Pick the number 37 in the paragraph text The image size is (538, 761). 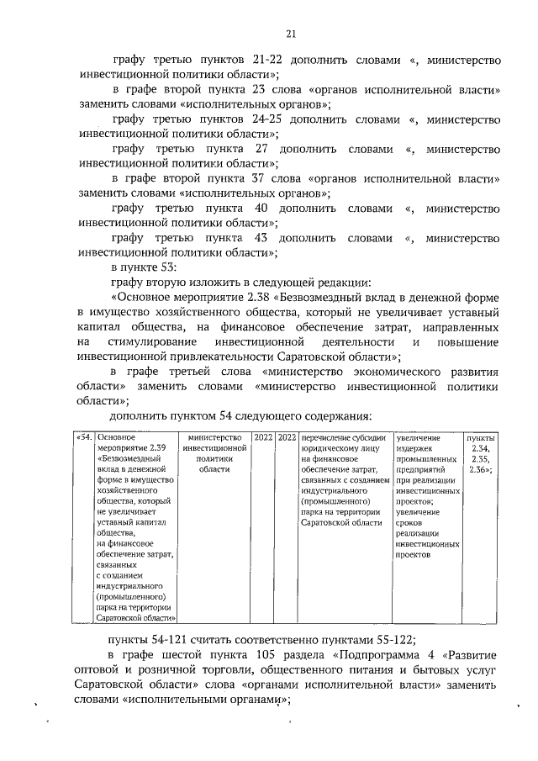tap(258, 179)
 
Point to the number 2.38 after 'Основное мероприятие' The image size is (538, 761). tap(277, 298)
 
